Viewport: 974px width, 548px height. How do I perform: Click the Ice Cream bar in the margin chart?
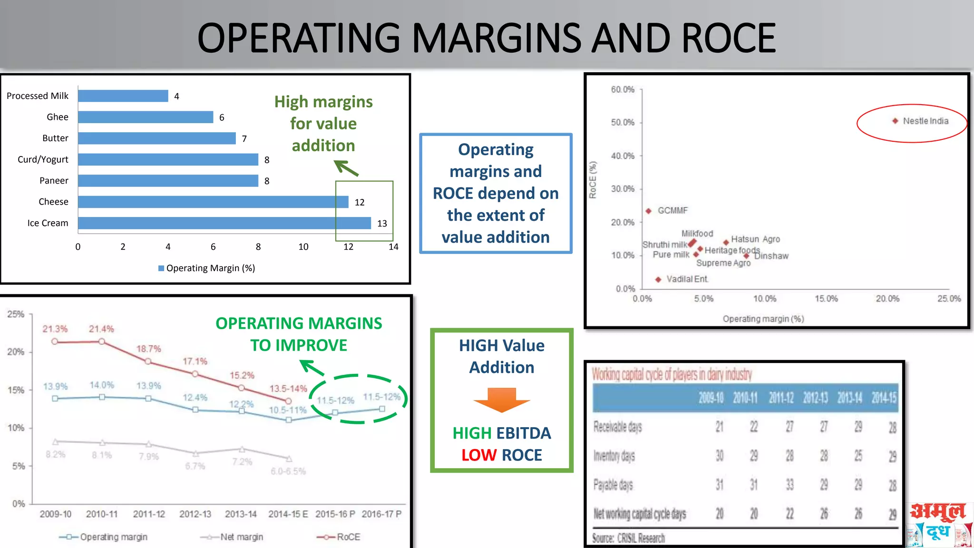224,223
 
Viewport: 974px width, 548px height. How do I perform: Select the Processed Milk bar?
123,96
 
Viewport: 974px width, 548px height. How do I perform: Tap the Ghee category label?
58,117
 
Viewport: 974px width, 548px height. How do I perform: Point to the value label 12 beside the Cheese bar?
360,202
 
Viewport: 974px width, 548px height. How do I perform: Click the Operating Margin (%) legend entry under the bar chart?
207,268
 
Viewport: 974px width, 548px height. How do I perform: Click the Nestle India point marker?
895,121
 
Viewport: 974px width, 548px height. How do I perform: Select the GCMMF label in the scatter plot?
672,210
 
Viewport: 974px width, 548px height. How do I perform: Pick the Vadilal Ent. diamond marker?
658,279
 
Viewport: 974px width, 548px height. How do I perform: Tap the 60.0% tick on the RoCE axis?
623,89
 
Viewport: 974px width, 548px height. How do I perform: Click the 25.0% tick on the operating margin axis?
949,299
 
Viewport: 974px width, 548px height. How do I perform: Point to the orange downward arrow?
502,399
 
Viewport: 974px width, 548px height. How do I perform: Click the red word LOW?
479,455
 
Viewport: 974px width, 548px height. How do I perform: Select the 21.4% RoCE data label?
101,329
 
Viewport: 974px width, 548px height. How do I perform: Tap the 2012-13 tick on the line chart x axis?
195,514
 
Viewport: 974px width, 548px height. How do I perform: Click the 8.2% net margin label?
56,454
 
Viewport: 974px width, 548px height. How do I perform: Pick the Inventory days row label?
614,456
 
